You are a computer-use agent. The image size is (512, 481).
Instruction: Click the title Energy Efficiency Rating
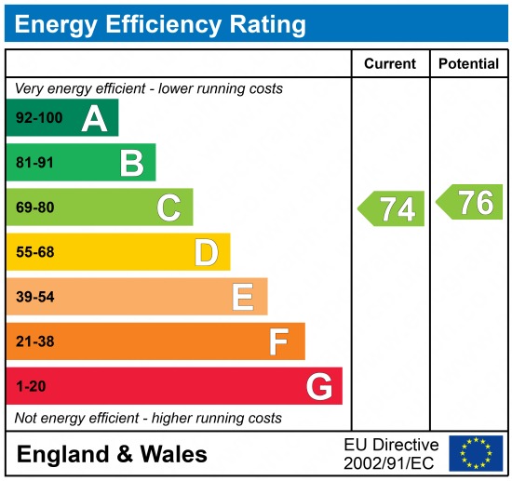pos(160,23)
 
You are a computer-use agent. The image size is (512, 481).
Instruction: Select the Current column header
pos(389,64)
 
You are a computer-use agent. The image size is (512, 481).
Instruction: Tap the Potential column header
pos(468,64)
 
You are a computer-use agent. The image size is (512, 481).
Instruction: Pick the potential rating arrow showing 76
pos(471,202)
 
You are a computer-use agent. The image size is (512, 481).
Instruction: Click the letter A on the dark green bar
pos(94,118)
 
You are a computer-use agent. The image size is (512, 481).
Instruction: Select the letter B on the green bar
pos(131,164)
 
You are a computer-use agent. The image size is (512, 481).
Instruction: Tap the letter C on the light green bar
pos(168,208)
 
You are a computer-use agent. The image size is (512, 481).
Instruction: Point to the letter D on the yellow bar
pos(206,252)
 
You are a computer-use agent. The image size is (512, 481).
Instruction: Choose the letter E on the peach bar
pos(243,298)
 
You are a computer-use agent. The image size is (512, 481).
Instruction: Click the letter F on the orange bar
pos(278,342)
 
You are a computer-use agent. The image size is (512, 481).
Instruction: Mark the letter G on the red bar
pos(319,387)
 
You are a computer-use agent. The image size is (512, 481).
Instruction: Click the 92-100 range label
pos(38,118)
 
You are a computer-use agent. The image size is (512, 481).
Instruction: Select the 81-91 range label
pos(35,164)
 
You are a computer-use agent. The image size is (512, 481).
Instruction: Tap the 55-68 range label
pos(35,252)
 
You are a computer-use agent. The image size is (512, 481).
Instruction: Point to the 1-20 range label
pos(31,387)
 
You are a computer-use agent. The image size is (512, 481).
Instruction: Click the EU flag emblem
pos(476,453)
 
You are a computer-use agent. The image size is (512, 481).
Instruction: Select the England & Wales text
pos(112,455)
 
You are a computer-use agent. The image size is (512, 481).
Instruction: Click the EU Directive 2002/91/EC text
pos(391,454)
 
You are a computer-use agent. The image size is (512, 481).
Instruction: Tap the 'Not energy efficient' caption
pos(148,419)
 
